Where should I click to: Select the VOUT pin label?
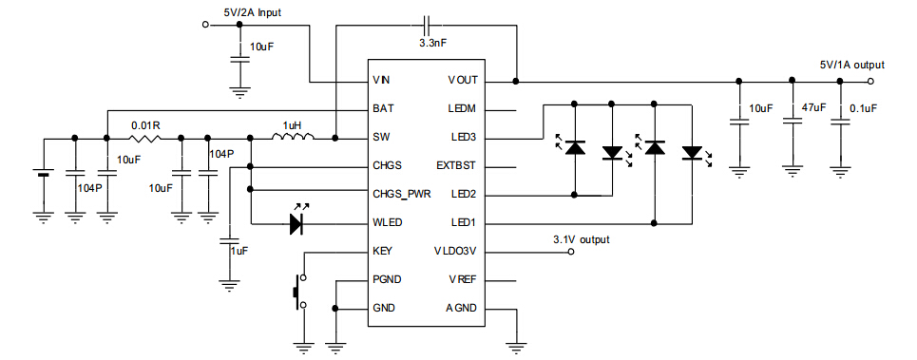(x=463, y=81)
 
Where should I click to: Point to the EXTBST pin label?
(x=455, y=166)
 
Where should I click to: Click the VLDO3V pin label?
(x=456, y=252)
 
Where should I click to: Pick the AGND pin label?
(x=461, y=309)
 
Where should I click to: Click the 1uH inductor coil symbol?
(x=292, y=139)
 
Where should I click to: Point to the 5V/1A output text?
(x=851, y=65)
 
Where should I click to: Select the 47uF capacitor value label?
(x=813, y=108)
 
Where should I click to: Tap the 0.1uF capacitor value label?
(x=864, y=108)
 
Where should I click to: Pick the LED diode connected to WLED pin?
(x=296, y=223)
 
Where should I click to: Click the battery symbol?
(x=42, y=175)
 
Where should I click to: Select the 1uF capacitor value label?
(x=239, y=250)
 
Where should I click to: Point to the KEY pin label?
(x=383, y=252)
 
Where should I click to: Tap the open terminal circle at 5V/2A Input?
(x=206, y=25)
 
